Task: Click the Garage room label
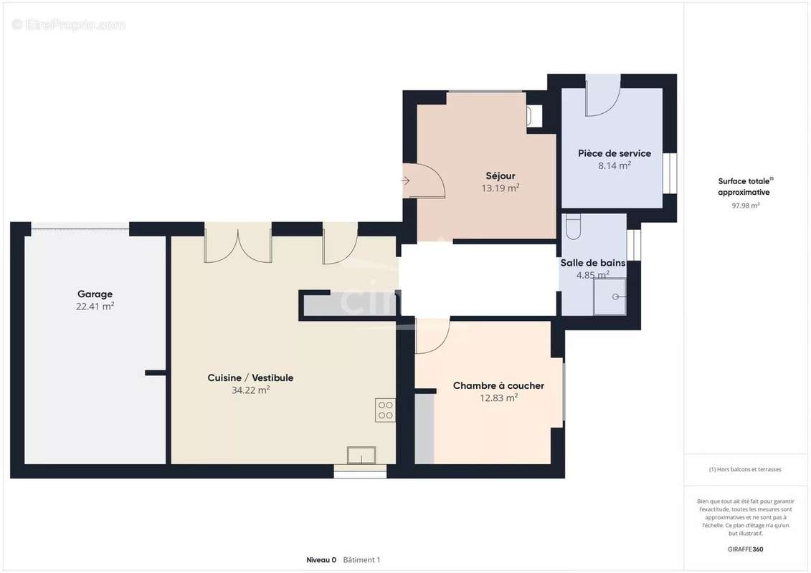point(95,294)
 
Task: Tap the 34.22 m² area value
point(250,390)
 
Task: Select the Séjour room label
point(500,175)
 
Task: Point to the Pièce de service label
point(615,153)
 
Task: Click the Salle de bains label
point(593,262)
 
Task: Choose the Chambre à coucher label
point(498,385)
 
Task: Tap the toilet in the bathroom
point(572,227)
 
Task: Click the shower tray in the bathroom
point(610,297)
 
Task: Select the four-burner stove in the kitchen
point(385,410)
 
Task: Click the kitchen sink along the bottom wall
point(361,456)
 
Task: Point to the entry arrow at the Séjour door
point(406,180)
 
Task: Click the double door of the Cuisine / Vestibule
point(238,243)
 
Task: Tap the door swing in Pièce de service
point(603,96)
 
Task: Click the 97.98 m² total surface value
point(745,205)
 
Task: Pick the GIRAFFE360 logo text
point(745,549)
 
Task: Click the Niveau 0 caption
point(321,559)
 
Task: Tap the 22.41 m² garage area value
point(95,307)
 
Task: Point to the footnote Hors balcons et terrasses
point(745,469)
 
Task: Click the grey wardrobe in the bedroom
point(424,429)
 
